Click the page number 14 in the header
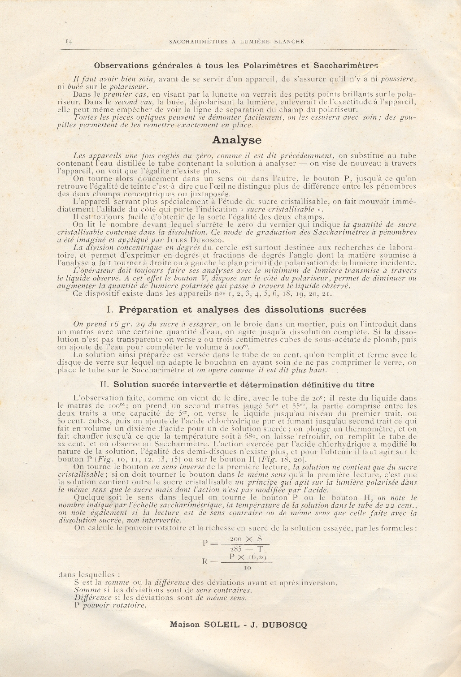[70, 41]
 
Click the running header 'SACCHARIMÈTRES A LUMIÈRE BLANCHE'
[237, 41]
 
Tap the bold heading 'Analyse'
[236, 140]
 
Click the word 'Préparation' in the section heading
[145, 310]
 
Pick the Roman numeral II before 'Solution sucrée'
[105, 384]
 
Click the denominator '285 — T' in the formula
[246, 548]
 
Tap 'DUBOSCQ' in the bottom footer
[285, 625]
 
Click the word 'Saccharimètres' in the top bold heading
[346, 65]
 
